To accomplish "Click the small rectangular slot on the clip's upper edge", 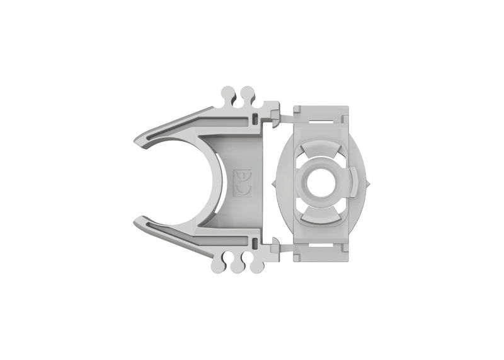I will [x=253, y=118].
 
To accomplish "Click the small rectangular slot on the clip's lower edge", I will [x=253, y=241].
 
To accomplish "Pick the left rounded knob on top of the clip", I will [x=229, y=95].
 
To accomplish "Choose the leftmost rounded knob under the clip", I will [x=218, y=265].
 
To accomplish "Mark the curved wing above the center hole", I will [x=321, y=151].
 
